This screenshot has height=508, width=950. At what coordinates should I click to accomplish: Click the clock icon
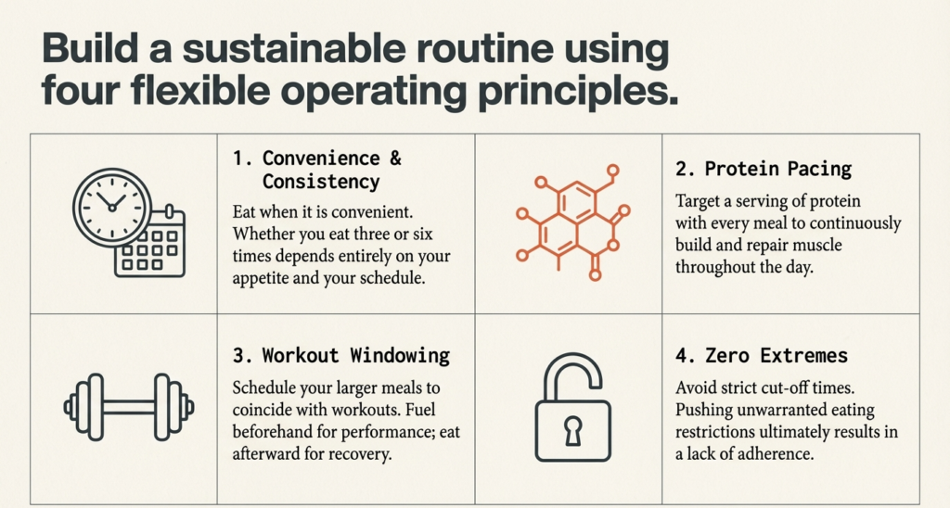click(x=112, y=209)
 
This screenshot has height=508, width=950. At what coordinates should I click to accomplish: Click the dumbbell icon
click(x=129, y=405)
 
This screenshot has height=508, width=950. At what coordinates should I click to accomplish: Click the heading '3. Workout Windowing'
click(x=340, y=355)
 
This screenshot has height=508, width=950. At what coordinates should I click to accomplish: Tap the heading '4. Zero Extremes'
click(x=762, y=355)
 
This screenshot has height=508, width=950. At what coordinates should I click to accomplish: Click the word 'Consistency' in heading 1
click(x=321, y=181)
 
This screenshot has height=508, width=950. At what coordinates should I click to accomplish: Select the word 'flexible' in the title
click(x=197, y=93)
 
